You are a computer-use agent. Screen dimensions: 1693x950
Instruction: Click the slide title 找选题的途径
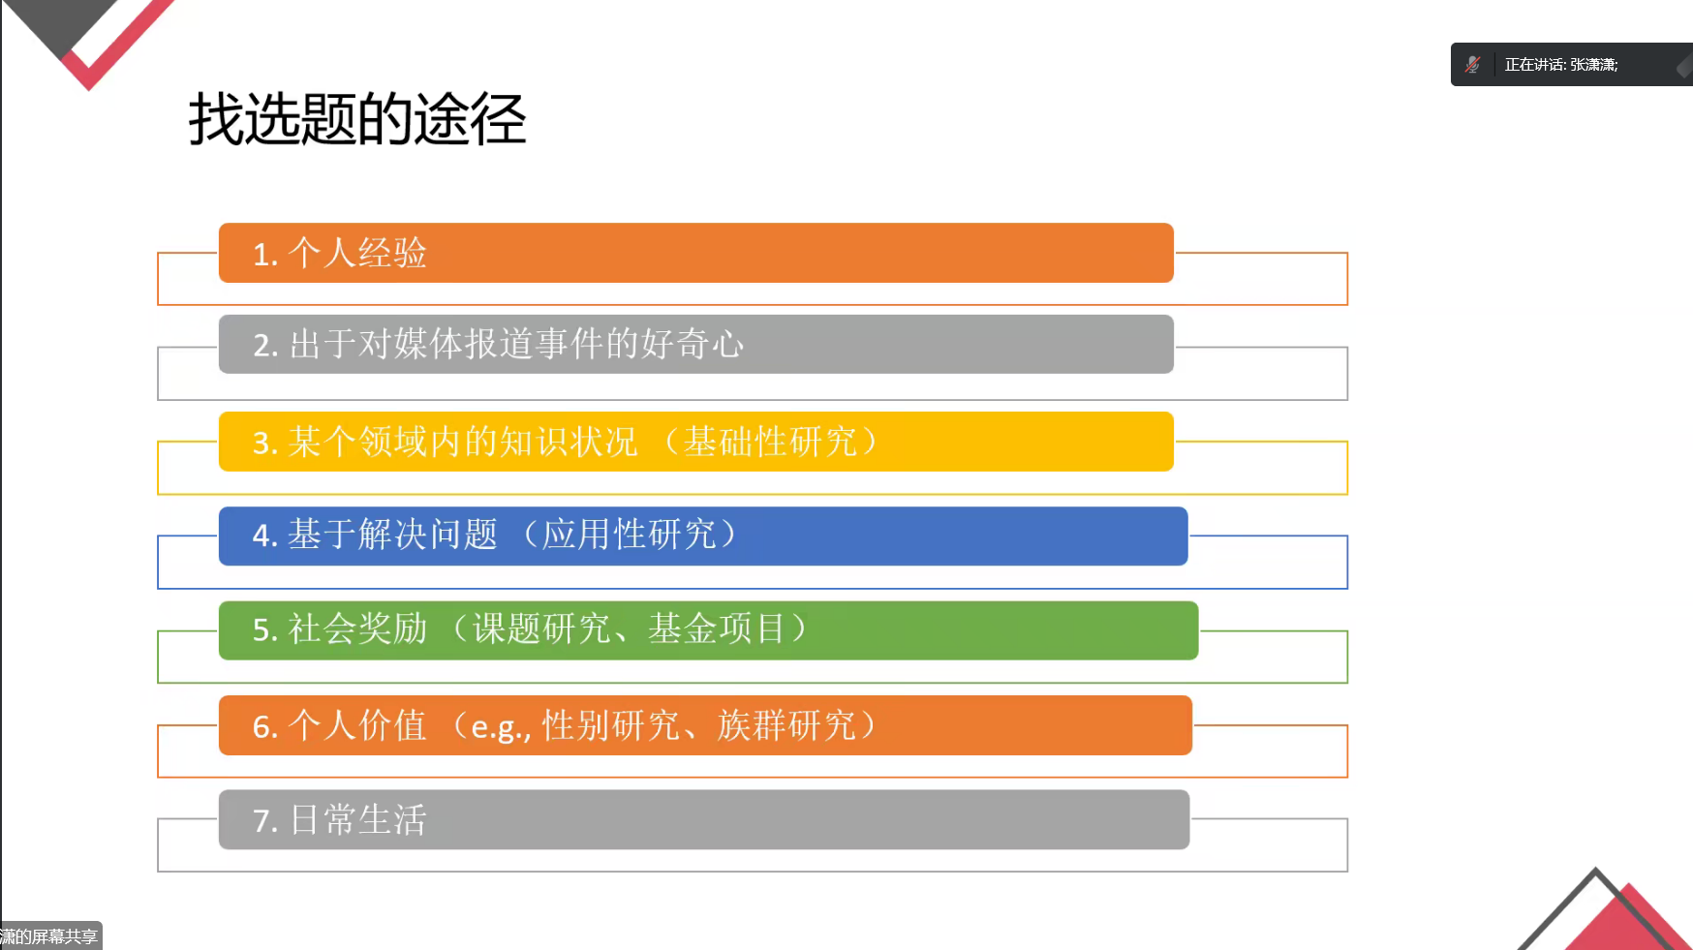pos(356,120)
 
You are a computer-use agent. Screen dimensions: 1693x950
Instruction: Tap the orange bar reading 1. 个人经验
pos(695,253)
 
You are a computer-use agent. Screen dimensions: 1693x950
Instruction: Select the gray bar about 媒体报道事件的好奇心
pos(695,344)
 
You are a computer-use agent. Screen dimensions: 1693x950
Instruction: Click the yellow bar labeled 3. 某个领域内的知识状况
pos(695,442)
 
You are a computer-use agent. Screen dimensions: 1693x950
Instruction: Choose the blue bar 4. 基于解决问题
pos(703,536)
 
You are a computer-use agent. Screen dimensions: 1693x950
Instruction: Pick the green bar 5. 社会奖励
pos(708,630)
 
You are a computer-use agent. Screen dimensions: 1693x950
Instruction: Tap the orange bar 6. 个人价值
pos(705,725)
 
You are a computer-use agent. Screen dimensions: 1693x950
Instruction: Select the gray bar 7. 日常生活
pos(704,819)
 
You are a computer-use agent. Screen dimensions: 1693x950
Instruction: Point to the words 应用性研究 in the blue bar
pos(629,534)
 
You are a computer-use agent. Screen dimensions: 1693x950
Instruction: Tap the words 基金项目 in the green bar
pos(716,628)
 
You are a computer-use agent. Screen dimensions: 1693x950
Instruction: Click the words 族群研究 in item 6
pos(786,724)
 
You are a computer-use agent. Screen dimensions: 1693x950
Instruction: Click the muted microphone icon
pos(1472,65)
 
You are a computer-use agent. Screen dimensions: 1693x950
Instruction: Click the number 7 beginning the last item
pos(262,821)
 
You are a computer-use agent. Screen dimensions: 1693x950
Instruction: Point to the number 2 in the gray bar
pos(262,346)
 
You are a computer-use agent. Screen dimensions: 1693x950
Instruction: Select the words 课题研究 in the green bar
pos(541,628)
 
